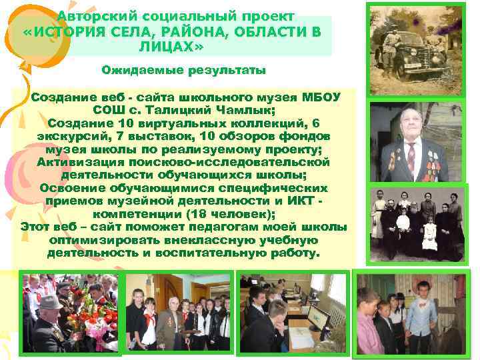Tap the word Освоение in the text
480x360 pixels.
[x=73, y=189]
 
